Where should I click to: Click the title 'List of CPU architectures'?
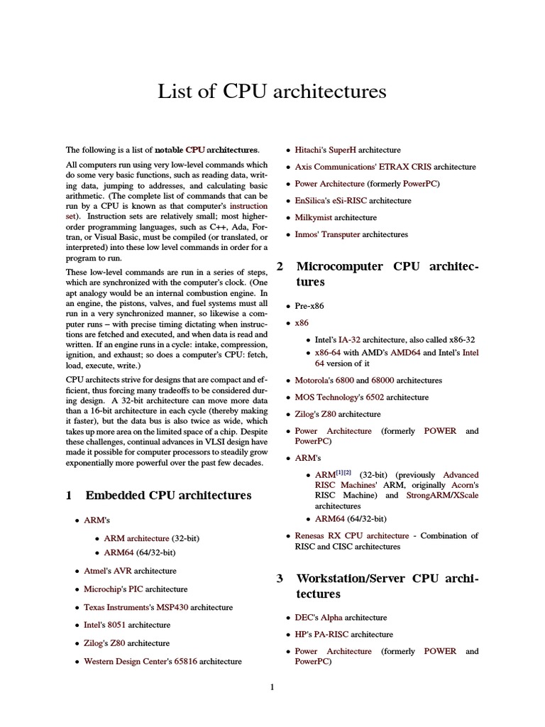coord(272,92)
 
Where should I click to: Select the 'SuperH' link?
coord(342,150)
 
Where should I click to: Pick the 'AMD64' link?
coord(405,352)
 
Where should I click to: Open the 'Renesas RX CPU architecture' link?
coord(352,535)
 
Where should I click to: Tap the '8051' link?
coord(115,625)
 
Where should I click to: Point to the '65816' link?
coord(185,661)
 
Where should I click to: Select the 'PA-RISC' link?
coord(332,634)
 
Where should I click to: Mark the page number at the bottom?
coord(272,687)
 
